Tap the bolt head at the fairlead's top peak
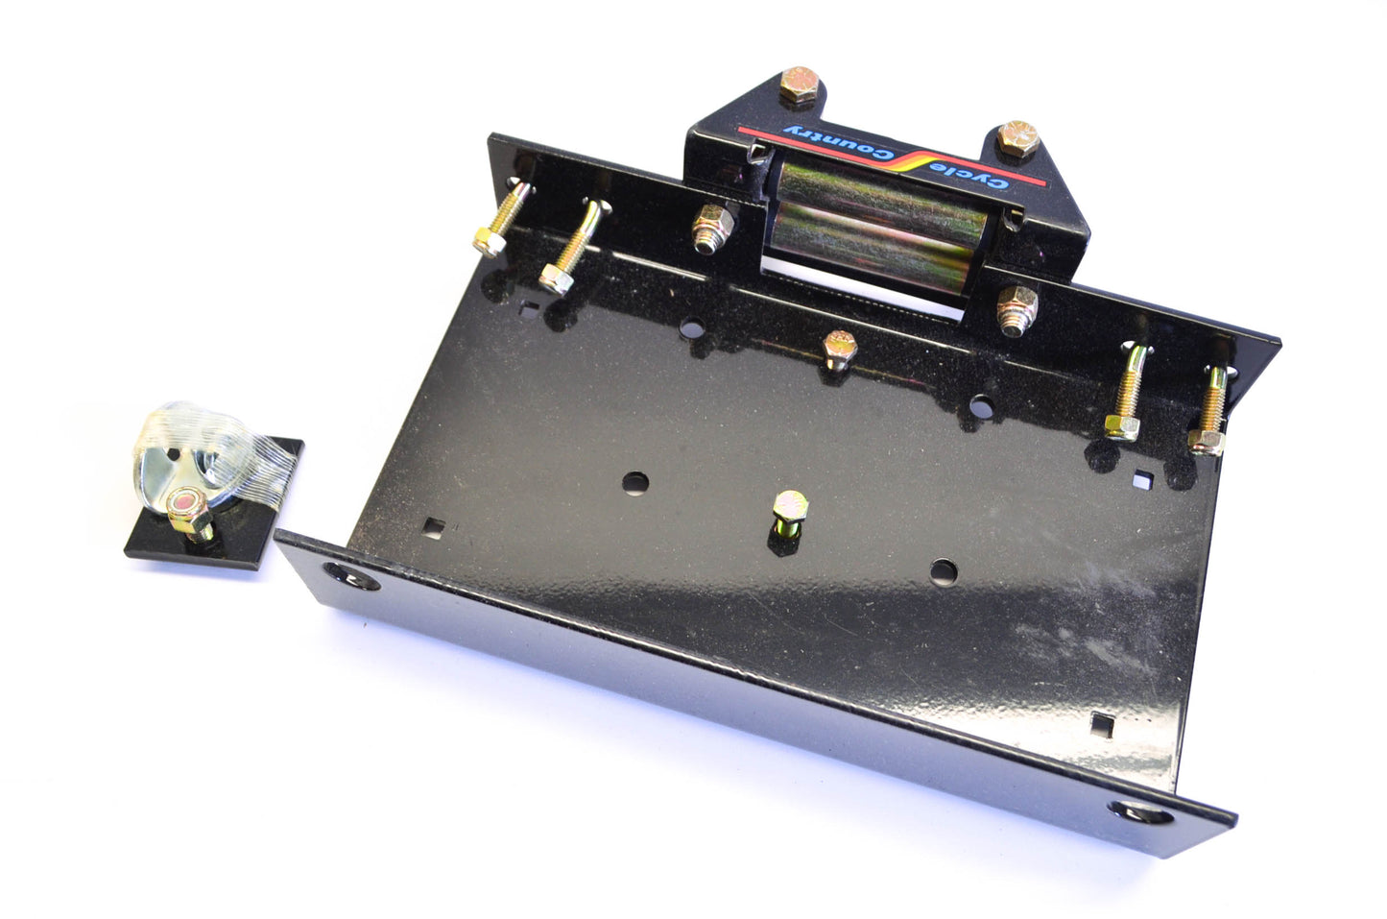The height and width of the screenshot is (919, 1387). point(800,85)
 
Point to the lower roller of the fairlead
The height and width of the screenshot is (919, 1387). point(870,249)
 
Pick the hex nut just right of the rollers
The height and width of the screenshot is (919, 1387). point(1016,308)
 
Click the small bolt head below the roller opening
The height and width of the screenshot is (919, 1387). point(839,349)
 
